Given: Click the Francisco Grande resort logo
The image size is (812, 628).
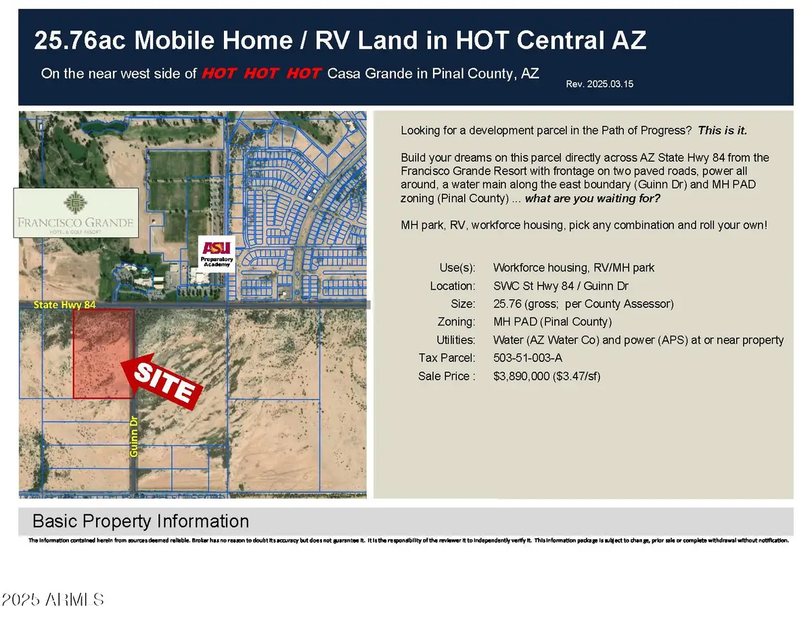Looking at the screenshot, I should click(76, 212).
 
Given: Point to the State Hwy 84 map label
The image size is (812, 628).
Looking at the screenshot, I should click(65, 306).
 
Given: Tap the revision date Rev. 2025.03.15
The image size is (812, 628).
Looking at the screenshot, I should click(600, 84).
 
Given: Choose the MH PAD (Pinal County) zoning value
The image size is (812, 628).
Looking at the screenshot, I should click(552, 322).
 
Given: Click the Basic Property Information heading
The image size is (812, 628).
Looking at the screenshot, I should click(141, 521).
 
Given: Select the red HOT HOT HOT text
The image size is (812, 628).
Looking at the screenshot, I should click(261, 73).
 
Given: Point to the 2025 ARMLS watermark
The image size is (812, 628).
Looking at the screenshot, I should click(53, 600).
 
